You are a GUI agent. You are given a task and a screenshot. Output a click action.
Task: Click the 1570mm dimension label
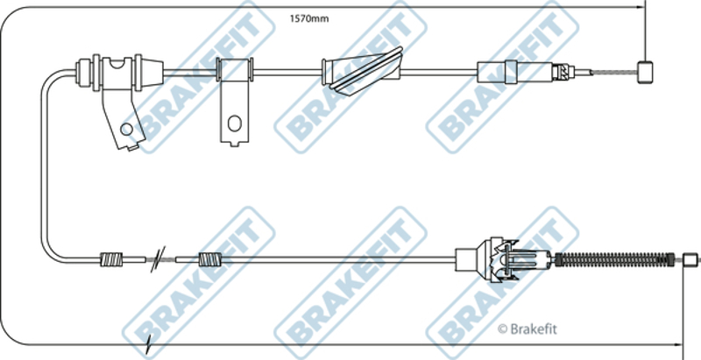click(x=309, y=18)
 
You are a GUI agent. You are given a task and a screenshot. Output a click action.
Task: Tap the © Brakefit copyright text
click(x=528, y=329)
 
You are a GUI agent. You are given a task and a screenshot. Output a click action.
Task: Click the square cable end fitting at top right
click(x=645, y=73)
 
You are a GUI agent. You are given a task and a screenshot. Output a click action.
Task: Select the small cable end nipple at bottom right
click(x=690, y=259)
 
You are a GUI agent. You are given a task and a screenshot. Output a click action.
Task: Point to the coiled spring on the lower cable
click(x=615, y=260)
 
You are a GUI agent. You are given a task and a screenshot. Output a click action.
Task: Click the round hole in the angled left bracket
click(x=126, y=130)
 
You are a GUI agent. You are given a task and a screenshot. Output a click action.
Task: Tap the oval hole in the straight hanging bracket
click(x=234, y=124)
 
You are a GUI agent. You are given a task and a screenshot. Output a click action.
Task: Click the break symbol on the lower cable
click(x=158, y=259)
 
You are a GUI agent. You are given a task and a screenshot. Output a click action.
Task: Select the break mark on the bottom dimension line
click(x=148, y=344)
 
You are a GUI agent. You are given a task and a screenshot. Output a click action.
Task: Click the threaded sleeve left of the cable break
click(x=111, y=259)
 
